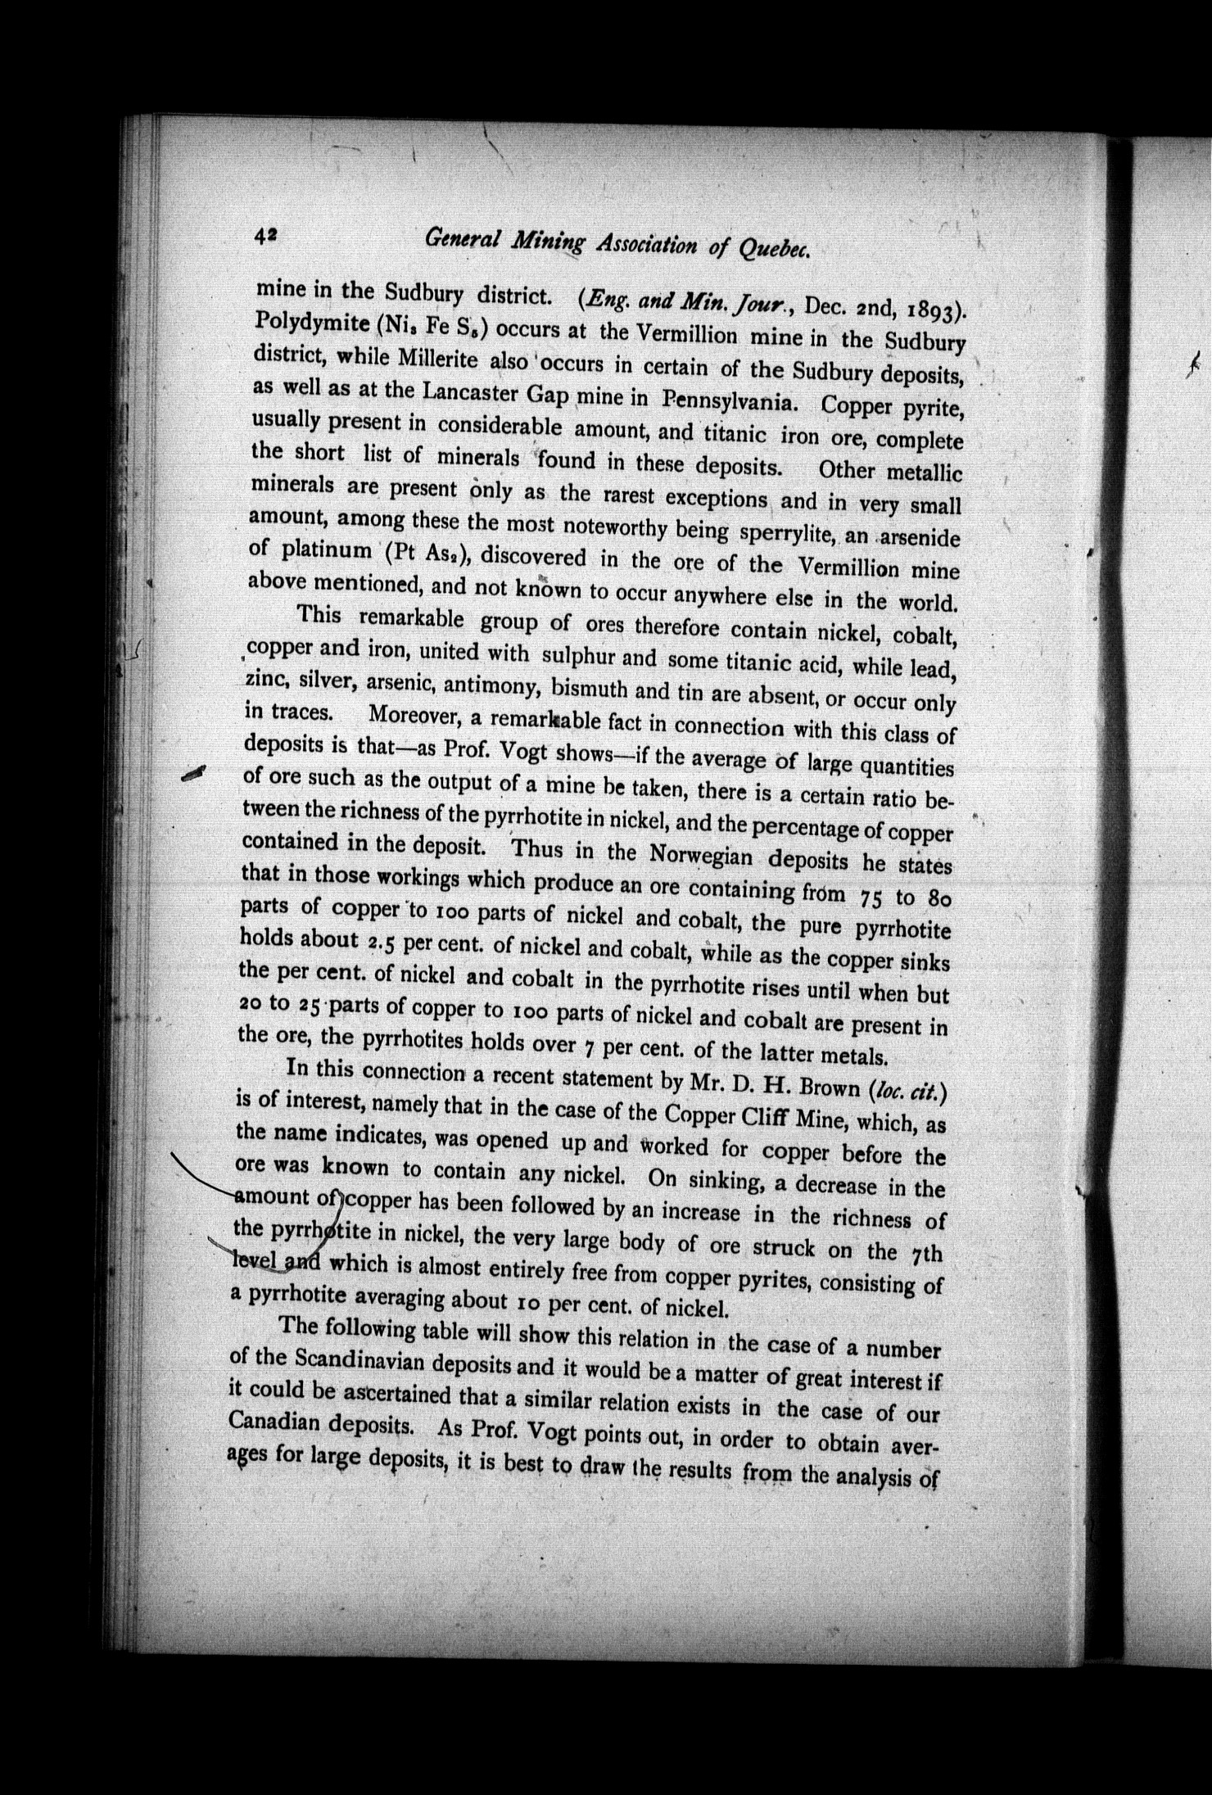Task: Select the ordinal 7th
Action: click(x=925, y=1254)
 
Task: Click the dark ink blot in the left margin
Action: click(x=195, y=773)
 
